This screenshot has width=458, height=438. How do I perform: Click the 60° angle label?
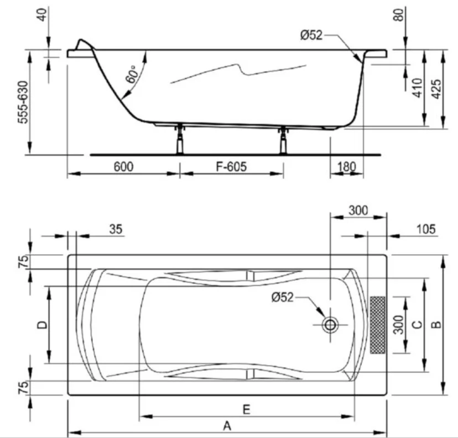tap(132, 76)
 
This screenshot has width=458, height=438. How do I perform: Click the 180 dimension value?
tap(346, 166)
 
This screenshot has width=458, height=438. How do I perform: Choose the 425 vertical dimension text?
tap(436, 89)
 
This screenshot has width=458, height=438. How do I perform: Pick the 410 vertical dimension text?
tap(417, 89)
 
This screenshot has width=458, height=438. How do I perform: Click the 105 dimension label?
tap(424, 229)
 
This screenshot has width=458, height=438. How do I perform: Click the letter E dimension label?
tap(247, 409)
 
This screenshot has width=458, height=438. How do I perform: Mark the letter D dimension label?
tap(41, 325)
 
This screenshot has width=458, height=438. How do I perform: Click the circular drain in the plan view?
tap(330, 325)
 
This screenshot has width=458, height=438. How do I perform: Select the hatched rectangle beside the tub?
tap(378, 325)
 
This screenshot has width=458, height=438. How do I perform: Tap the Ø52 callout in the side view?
tap(311, 36)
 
